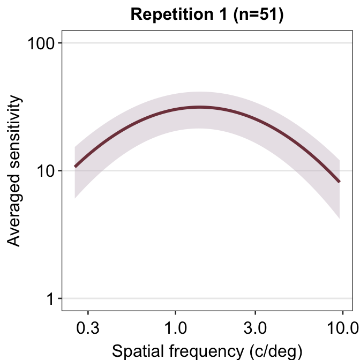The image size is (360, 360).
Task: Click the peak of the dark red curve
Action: tap(200, 107)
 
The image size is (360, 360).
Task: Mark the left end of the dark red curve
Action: tap(75, 167)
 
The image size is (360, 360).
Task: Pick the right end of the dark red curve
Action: tap(339, 182)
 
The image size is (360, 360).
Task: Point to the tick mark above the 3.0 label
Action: tap(255, 312)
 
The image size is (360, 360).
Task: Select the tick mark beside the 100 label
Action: tap(60, 43)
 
